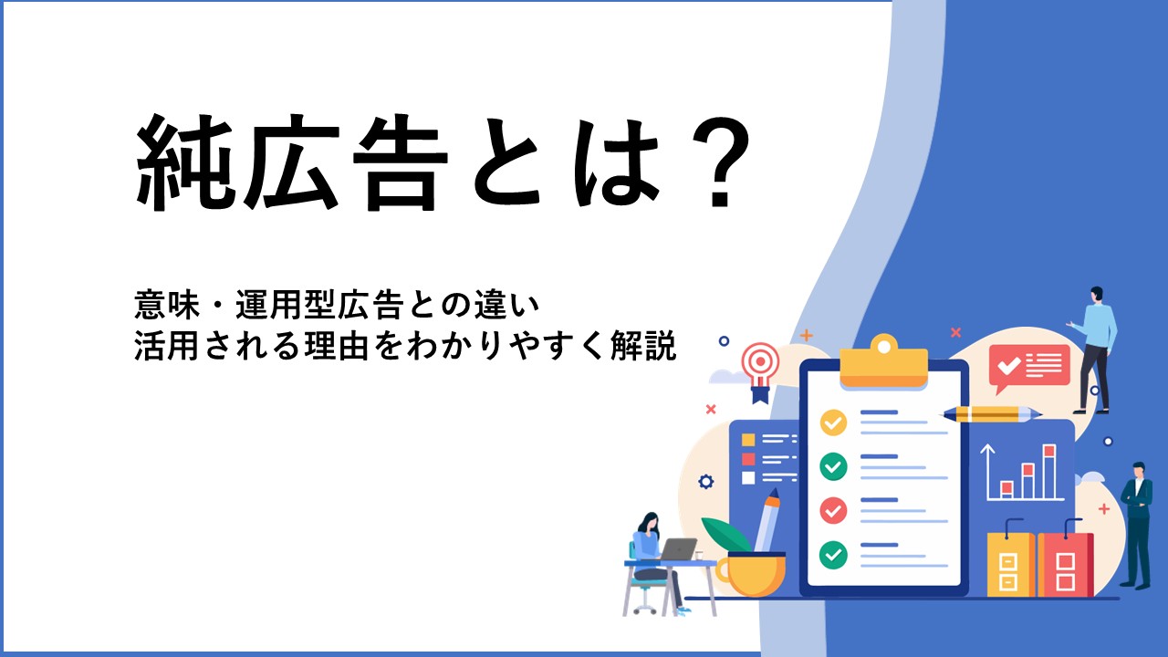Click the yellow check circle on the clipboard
(x=833, y=422)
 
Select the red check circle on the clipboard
(x=833, y=510)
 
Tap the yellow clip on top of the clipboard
(x=884, y=363)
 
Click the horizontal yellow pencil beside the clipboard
(x=991, y=414)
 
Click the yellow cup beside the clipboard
(x=753, y=574)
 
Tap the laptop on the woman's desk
(x=677, y=549)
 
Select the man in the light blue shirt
(x=1095, y=349)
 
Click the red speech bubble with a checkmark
(x=1028, y=367)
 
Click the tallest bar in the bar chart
(x=1049, y=471)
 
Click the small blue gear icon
(x=705, y=481)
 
